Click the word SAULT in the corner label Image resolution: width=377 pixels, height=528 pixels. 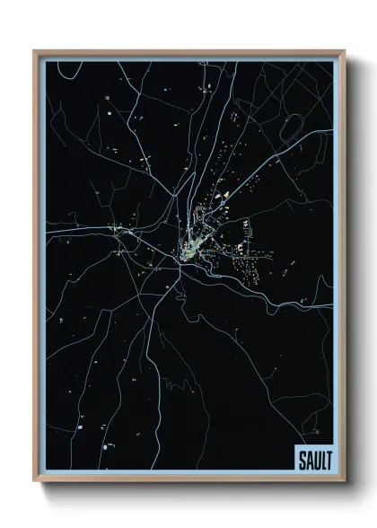312,460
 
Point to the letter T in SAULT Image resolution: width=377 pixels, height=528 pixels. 325,460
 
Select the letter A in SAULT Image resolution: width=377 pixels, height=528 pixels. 307,460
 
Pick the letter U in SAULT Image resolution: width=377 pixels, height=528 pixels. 313,460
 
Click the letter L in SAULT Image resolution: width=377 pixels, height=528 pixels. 320,460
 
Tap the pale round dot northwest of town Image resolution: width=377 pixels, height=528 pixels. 106,116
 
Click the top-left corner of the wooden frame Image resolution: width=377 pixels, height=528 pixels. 34,51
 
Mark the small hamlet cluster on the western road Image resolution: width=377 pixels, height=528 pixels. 118,232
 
